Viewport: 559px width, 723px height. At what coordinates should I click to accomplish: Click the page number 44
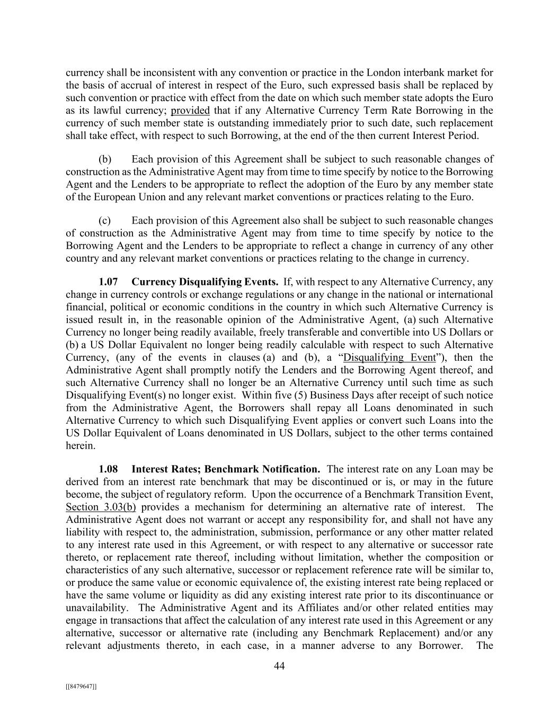tap(279, 666)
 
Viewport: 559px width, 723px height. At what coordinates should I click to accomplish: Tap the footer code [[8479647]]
tap(81, 686)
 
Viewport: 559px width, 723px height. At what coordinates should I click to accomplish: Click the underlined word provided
tap(190, 111)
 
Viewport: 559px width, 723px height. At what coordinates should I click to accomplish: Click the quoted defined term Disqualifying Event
tap(389, 358)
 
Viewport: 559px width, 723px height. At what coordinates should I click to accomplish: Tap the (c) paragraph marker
tap(104, 220)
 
